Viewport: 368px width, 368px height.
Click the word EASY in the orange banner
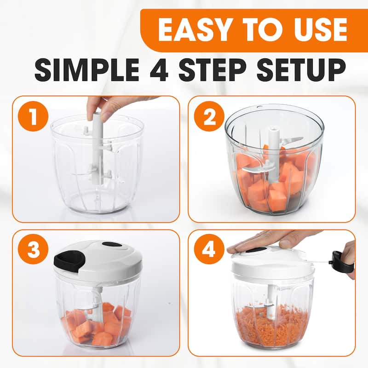pos(194,30)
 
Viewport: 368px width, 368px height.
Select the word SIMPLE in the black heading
pos(87,70)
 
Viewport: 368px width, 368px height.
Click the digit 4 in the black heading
pos(159,70)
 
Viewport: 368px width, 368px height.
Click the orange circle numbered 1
pos(33,116)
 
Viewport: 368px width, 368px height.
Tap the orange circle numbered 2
pos(209,116)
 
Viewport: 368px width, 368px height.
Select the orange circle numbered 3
pos(33,249)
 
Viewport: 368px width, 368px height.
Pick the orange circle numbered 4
pos(209,249)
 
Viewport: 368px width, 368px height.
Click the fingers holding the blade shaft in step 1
pos(110,107)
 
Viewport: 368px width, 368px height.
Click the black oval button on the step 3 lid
pos(113,245)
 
